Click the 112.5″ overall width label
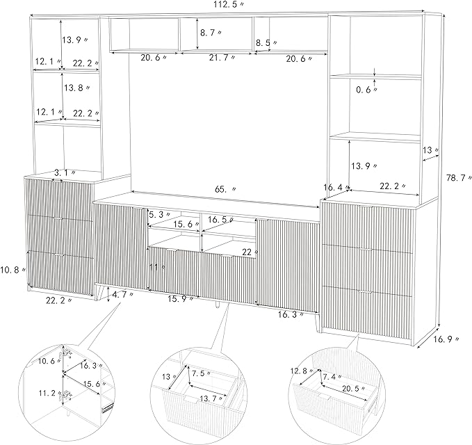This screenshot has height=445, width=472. [226, 5]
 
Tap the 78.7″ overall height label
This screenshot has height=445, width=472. [459, 178]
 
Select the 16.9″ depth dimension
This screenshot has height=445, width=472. [446, 339]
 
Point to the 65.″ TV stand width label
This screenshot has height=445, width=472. [225, 189]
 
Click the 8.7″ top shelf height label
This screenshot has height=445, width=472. [211, 33]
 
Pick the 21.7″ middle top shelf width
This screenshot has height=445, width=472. [222, 58]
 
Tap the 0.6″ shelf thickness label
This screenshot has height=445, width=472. [367, 90]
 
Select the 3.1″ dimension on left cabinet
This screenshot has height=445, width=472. [65, 173]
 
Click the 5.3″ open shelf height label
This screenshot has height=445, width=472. [160, 215]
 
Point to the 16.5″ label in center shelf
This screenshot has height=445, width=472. [220, 220]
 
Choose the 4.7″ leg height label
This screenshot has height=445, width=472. [122, 295]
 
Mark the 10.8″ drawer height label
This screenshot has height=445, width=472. [13, 270]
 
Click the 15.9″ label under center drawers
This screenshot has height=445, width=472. [181, 299]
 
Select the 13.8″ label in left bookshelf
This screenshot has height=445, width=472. [76, 88]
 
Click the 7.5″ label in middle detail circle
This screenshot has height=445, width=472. [201, 374]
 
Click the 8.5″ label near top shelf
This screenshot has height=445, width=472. [267, 42]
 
